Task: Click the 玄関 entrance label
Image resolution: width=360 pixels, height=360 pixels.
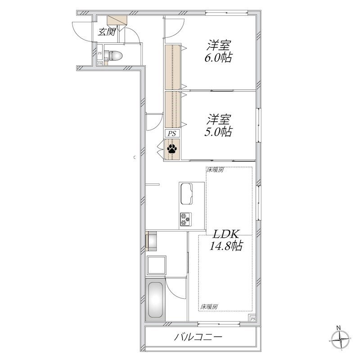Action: point(107,32)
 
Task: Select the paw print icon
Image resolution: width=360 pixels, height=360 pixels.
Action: point(172,149)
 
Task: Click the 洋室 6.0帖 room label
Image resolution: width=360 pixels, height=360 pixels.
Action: point(218,51)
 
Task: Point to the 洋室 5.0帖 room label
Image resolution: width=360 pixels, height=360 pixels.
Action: point(218,126)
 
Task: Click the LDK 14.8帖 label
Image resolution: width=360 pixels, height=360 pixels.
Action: point(226,240)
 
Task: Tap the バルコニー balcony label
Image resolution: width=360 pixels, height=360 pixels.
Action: point(198,337)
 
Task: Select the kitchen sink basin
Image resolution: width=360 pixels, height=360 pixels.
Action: point(186,194)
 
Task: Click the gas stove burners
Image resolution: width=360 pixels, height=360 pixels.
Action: point(185,219)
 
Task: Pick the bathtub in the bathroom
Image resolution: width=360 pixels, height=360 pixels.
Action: point(155,300)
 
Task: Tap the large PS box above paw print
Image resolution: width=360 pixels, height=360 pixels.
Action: point(172,133)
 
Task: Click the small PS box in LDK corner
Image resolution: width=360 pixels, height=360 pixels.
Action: point(252,319)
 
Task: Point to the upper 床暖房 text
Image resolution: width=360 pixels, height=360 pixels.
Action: point(215,170)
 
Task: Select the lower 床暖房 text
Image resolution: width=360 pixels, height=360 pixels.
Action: point(209,307)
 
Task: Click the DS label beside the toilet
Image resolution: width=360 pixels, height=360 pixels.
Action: point(99,63)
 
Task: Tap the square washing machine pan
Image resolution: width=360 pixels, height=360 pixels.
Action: point(156,265)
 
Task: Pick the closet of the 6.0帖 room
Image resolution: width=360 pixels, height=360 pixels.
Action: point(172,67)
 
